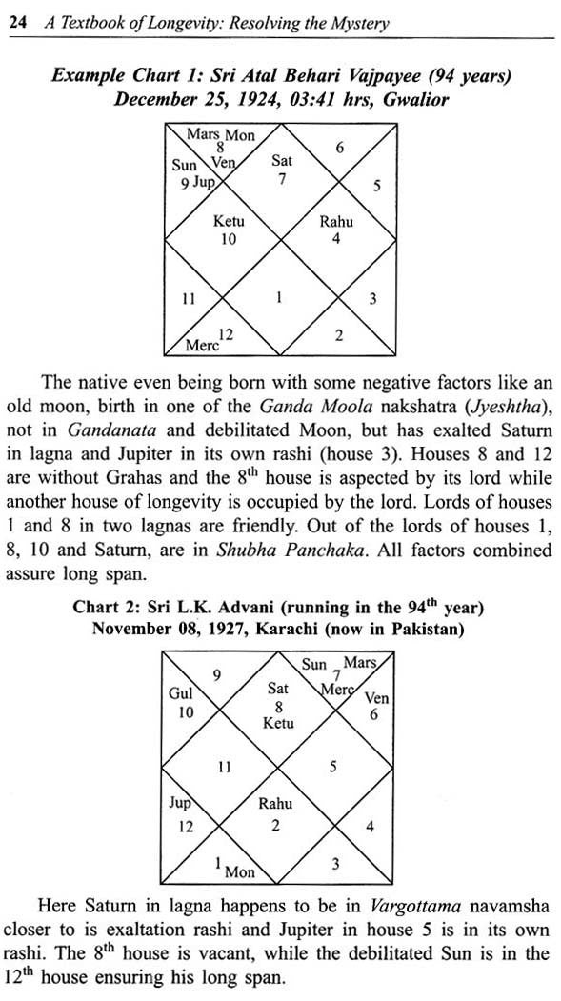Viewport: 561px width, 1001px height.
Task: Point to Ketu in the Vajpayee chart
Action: (x=229, y=222)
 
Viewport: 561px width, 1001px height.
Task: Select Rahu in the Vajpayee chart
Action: (x=335, y=222)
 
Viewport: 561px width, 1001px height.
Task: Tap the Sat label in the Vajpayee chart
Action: (x=282, y=162)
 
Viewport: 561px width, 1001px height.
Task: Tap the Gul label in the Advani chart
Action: (x=180, y=695)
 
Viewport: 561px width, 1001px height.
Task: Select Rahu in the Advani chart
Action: (x=276, y=804)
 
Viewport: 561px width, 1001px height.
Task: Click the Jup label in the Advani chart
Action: (x=180, y=803)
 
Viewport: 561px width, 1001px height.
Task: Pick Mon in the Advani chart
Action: (x=239, y=871)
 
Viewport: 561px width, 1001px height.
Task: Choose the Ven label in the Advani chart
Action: (x=376, y=698)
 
